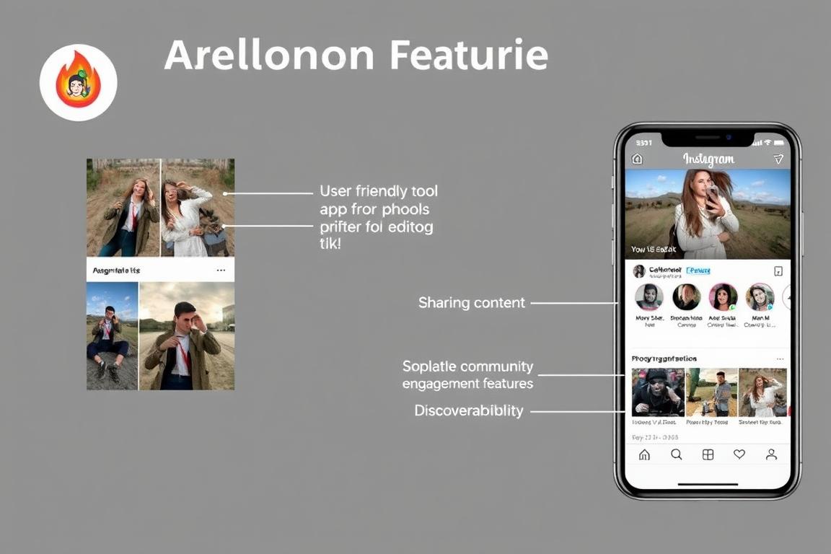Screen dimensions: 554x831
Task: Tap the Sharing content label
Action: [472, 303]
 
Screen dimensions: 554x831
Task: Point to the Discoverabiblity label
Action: [469, 410]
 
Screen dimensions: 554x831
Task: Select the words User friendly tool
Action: [379, 191]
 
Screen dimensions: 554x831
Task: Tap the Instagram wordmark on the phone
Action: [708, 159]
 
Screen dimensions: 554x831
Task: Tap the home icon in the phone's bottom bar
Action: [644, 454]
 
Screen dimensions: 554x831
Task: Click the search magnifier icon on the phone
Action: [677, 454]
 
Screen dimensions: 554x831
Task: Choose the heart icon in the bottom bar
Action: [739, 454]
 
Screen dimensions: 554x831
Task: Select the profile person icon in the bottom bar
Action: [771, 454]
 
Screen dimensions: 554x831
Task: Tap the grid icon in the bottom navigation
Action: [708, 454]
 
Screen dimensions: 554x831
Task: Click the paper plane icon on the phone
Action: [778, 159]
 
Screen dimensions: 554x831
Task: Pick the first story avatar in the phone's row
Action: [648, 296]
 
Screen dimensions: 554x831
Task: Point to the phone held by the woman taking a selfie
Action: [712, 193]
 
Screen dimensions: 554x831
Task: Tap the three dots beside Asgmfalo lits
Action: [221, 271]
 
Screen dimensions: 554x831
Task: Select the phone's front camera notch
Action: [708, 138]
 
